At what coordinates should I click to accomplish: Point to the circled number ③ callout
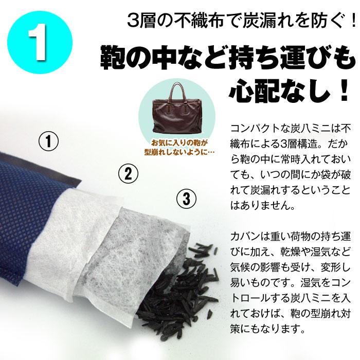[187, 197]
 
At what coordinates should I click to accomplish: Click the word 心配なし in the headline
[267, 93]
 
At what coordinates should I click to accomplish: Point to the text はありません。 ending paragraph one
[260, 208]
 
